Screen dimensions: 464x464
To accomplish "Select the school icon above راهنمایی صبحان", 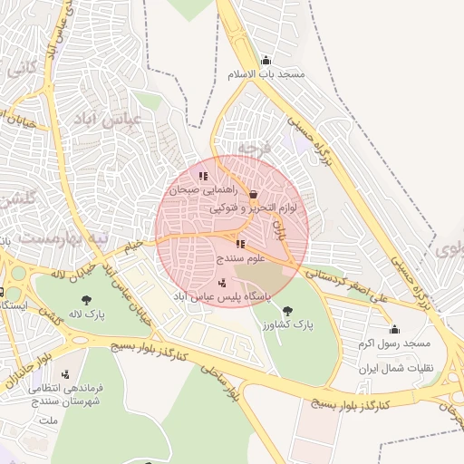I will [x=204, y=177].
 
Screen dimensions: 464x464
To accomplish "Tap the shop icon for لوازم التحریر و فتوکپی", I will [x=253, y=194].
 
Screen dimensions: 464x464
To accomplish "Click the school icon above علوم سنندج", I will [x=240, y=244].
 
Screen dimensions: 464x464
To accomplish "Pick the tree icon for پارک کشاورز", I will [x=287, y=311].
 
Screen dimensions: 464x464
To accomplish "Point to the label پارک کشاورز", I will [x=286, y=324].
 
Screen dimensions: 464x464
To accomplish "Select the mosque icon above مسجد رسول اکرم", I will [x=393, y=330].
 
